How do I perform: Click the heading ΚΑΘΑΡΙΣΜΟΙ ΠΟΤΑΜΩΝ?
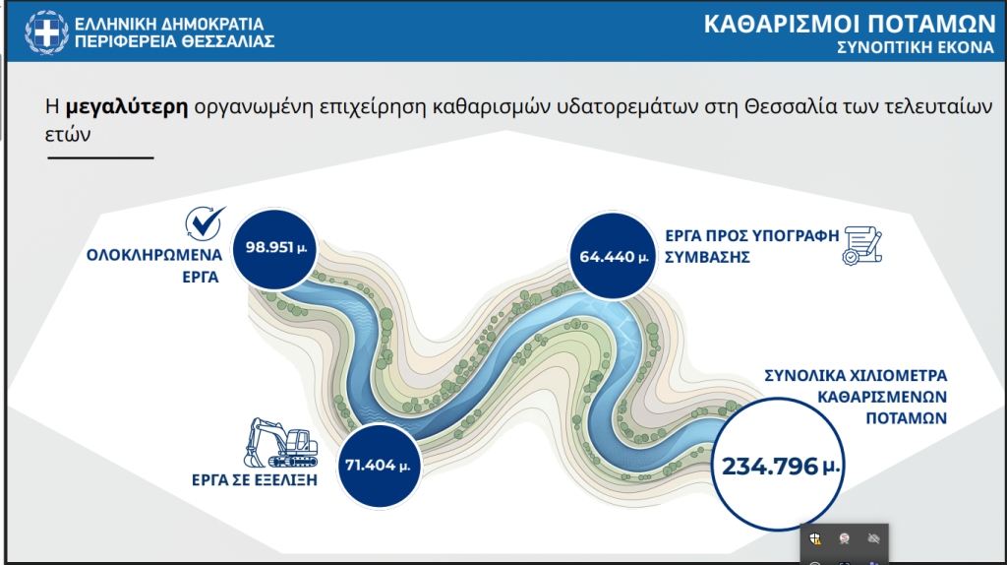click(850, 25)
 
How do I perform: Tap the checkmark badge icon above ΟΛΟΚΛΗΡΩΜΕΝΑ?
click(206, 222)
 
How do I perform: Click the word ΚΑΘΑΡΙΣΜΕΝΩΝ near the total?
click(883, 397)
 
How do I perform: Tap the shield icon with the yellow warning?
click(816, 538)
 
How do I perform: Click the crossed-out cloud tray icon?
click(872, 538)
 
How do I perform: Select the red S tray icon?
click(844, 538)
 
